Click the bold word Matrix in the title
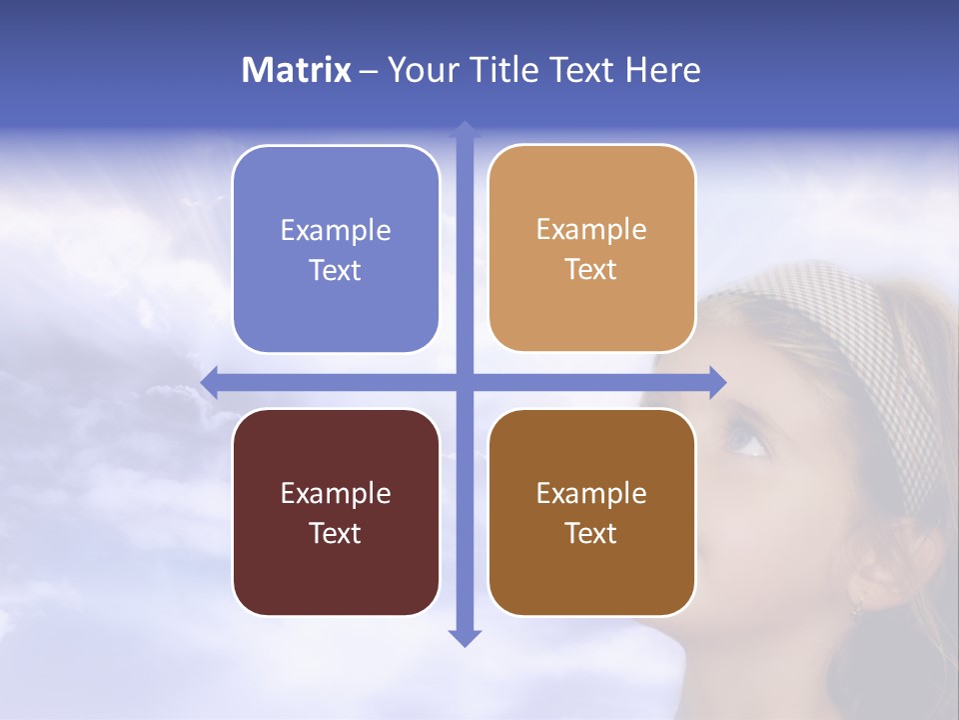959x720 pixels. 297,70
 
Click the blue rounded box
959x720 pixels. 336,249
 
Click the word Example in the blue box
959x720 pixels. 336,230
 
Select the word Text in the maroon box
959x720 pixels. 336,533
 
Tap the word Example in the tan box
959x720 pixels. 591,229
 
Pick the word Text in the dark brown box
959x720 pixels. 591,533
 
